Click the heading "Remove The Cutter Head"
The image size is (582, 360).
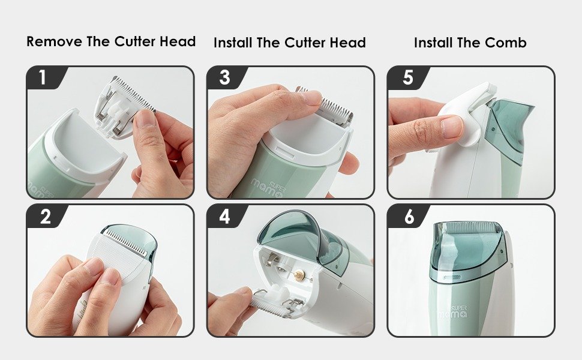[x=111, y=41]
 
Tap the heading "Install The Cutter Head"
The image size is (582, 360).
[x=290, y=43]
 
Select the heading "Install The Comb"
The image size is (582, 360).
[x=470, y=43]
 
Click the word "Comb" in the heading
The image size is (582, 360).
[x=506, y=43]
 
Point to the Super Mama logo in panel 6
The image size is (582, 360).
[x=453, y=312]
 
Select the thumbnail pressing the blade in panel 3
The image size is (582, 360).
[x=311, y=98]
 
